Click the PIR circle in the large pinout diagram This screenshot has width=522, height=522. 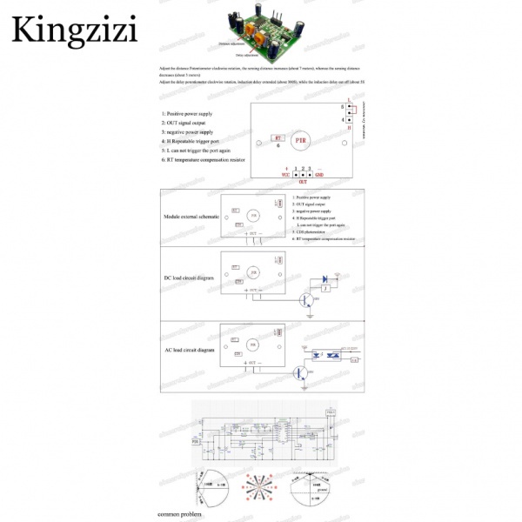(x=300, y=139)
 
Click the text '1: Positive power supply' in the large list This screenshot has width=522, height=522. (x=187, y=114)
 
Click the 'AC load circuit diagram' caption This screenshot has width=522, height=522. (x=189, y=350)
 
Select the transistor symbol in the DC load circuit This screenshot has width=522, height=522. (x=306, y=300)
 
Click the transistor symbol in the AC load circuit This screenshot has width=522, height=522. (x=298, y=372)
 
